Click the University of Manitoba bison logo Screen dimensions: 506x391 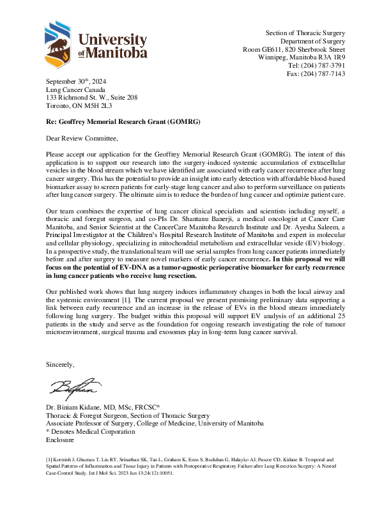(61, 43)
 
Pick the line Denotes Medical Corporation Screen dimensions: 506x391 (93, 431)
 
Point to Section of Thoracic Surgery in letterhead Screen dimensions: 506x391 (305, 33)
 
